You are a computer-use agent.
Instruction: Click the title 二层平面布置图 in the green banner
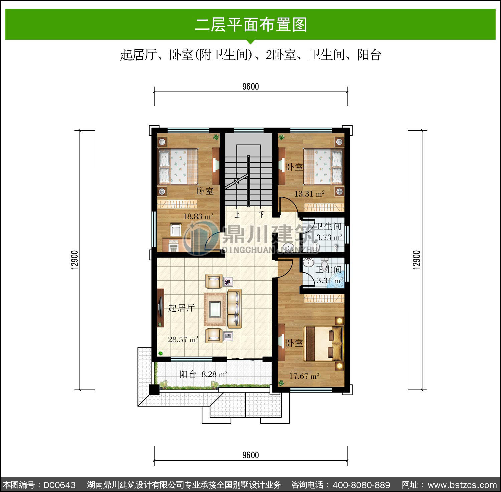251,25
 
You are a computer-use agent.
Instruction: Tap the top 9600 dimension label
251,87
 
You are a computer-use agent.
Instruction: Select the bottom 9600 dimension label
251,455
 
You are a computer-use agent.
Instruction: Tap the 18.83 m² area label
198,216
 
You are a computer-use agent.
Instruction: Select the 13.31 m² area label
309,194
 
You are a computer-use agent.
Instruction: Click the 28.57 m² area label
183,340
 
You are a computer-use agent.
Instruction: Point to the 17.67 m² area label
304,376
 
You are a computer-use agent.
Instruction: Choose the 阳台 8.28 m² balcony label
204,374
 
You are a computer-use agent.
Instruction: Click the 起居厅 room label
181,308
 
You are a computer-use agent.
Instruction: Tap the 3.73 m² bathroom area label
329,237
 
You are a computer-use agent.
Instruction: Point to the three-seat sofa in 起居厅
234,309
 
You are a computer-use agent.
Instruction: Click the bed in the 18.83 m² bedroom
178,166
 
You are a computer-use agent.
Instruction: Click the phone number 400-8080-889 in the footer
362,485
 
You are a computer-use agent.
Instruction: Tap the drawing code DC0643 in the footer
60,485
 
